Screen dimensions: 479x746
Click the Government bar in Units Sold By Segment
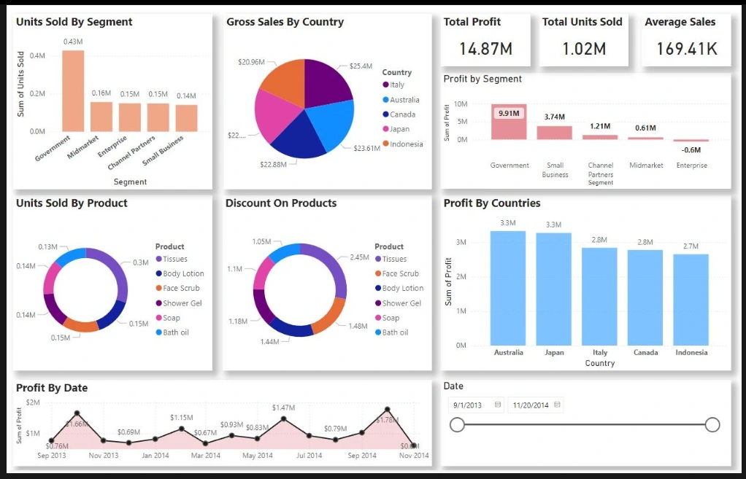pyautogui.click(x=73, y=91)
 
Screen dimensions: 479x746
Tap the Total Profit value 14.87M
pyautogui.click(x=485, y=49)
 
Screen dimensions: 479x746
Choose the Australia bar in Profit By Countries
pyautogui.click(x=508, y=288)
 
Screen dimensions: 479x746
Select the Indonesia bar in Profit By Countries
pyautogui.click(x=691, y=299)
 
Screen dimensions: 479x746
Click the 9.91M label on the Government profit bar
pyautogui.click(x=509, y=114)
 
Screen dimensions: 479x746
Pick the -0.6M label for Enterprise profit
pyautogui.click(x=691, y=150)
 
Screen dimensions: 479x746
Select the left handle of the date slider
pyautogui.click(x=457, y=424)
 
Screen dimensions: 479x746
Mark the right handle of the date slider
pyautogui.click(x=713, y=424)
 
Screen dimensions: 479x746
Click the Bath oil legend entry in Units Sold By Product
pyautogui.click(x=175, y=332)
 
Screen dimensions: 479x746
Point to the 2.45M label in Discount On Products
pyautogui.click(x=359, y=257)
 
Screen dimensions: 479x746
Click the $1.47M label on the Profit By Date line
pyautogui.click(x=283, y=408)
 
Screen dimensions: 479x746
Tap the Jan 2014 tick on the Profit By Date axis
pyautogui.click(x=155, y=456)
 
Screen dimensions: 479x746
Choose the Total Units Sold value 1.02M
pyautogui.click(x=584, y=49)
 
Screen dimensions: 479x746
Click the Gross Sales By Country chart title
pyautogui.click(x=285, y=22)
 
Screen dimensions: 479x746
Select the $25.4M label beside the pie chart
pyautogui.click(x=361, y=66)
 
